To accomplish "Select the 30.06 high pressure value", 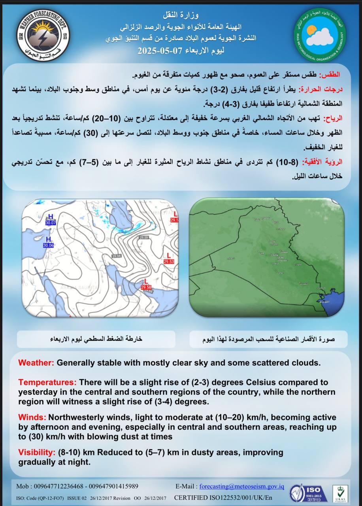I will (x=48, y=245).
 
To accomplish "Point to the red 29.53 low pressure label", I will (x=169, y=261).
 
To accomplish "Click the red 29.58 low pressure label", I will (x=146, y=287).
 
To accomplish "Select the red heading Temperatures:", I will (x=47, y=383).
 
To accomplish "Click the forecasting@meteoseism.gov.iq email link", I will (x=242, y=487).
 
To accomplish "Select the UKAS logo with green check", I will (x=340, y=493).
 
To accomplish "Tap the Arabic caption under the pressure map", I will (x=96, y=339).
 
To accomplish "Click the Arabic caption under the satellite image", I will (x=268, y=339).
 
